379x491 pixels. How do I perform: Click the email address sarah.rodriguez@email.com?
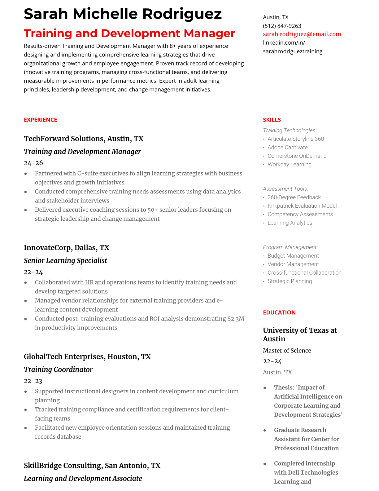(x=302, y=34)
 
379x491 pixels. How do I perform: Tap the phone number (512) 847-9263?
(x=282, y=26)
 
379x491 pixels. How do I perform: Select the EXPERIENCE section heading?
(x=40, y=120)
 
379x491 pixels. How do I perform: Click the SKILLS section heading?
(x=272, y=120)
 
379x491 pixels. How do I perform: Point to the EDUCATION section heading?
(x=279, y=312)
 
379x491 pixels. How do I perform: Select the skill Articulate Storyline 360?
(x=295, y=139)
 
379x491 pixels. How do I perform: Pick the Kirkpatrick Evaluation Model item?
(x=302, y=206)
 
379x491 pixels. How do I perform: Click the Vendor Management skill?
(x=293, y=264)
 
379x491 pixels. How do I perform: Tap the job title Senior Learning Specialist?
(x=65, y=260)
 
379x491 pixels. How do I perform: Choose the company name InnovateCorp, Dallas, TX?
(x=66, y=248)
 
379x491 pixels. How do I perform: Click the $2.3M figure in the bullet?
(x=236, y=319)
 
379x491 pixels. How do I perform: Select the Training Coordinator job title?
(x=58, y=369)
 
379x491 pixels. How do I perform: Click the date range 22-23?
(x=33, y=381)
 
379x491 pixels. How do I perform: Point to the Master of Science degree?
(x=287, y=351)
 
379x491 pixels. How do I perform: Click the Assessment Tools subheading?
(x=285, y=189)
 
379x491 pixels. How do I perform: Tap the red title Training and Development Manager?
(x=129, y=33)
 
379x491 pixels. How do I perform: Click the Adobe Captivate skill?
(x=287, y=148)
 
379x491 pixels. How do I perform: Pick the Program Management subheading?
(x=290, y=247)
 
